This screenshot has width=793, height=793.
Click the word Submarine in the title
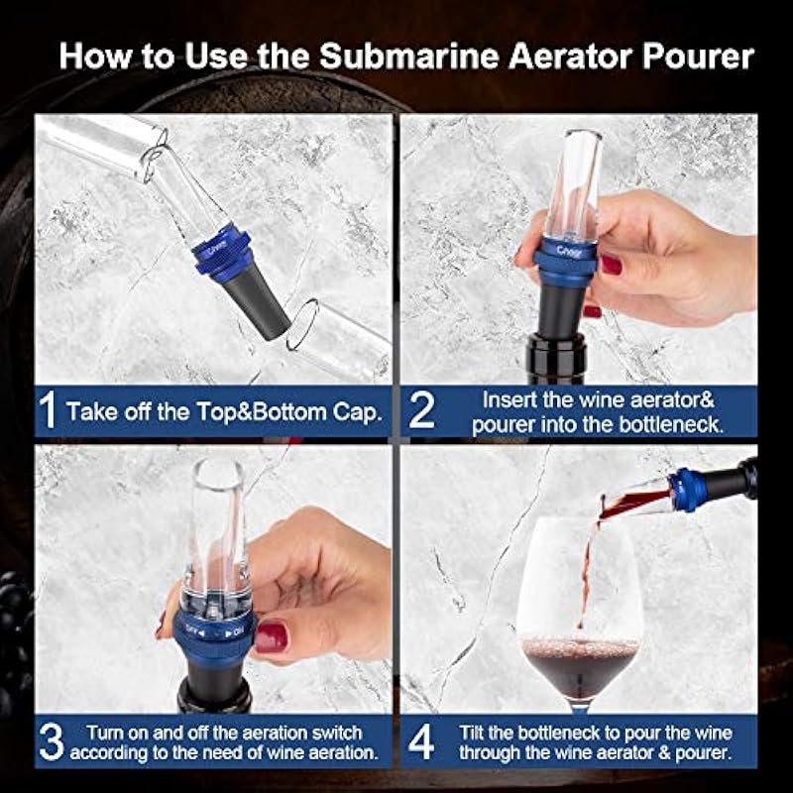coord(409,56)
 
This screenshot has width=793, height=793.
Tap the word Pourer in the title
coord(699,56)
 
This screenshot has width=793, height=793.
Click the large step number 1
coord(47,410)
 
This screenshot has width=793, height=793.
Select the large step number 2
coord(421,410)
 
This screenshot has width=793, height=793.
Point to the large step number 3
coord(52,741)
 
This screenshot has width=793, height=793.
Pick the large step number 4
coord(421,741)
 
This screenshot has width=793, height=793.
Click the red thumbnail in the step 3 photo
coord(271,637)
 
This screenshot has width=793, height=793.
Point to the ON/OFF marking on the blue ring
coord(214,631)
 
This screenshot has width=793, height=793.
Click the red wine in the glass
coord(580,666)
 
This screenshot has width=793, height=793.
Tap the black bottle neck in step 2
coord(556,358)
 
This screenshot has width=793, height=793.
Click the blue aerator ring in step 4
coord(687,489)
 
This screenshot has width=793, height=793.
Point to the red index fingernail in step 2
coord(612,265)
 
